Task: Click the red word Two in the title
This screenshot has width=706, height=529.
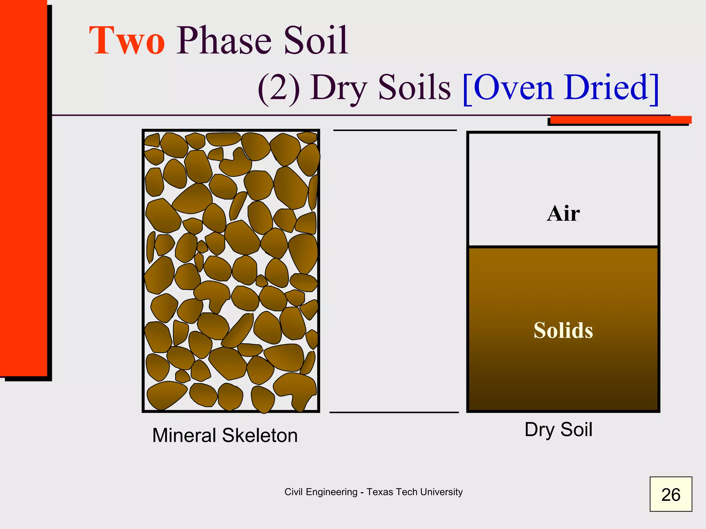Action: point(127,41)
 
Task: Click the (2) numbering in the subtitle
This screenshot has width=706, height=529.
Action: point(279,88)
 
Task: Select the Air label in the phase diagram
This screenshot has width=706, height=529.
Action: point(563,214)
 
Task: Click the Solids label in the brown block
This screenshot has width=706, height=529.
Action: point(563,330)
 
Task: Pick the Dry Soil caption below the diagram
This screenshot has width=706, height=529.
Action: point(558,430)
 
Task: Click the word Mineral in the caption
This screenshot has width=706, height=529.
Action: point(184,435)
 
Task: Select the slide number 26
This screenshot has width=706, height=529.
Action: point(670,495)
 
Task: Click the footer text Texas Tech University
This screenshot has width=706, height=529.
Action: point(414,492)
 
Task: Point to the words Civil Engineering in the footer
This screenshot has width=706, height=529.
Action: point(321,492)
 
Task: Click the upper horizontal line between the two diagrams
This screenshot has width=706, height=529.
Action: point(395,130)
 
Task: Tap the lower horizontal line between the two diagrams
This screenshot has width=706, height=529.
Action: point(394,412)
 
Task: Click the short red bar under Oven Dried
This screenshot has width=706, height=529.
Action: point(621,120)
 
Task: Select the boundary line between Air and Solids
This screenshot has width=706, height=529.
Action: point(563,247)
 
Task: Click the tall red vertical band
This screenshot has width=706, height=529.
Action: point(23,189)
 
